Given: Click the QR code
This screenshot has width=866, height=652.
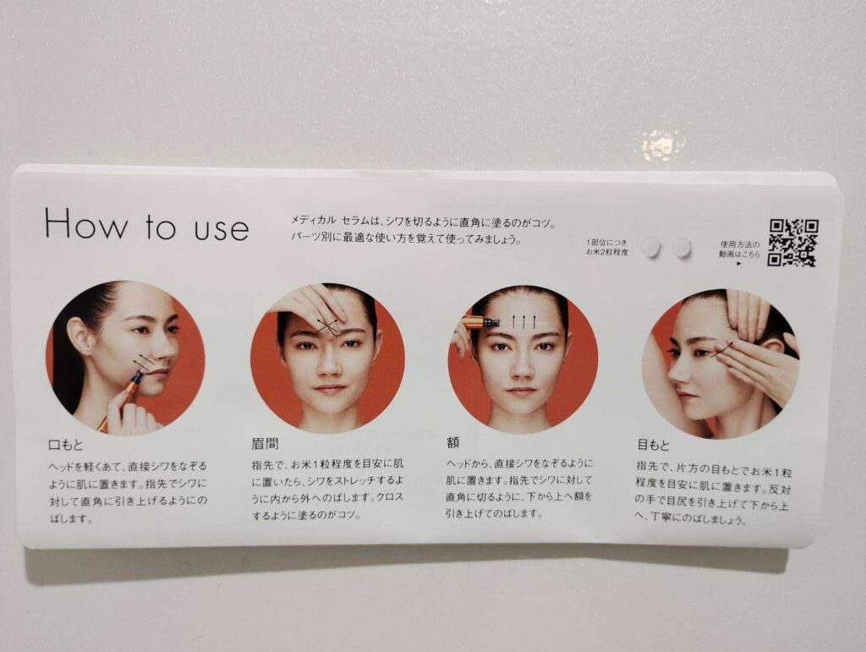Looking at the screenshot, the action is [792, 243].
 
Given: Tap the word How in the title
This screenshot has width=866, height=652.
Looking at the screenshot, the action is [86, 223].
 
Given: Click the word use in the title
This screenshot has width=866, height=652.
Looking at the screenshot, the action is [221, 228].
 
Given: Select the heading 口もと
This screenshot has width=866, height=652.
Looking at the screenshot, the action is [66, 445].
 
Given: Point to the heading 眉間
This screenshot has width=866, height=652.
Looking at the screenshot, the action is [265, 443].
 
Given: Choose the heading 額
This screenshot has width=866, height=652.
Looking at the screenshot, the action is [453, 442].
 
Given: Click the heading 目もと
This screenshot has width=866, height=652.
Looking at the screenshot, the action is [653, 445].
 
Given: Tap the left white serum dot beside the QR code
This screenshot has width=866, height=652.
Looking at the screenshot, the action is [652, 247].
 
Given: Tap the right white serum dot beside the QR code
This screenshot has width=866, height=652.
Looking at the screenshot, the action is [682, 247].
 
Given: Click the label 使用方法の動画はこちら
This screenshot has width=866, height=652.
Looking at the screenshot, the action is [739, 250].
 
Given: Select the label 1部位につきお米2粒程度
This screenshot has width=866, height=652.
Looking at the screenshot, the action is [607, 247].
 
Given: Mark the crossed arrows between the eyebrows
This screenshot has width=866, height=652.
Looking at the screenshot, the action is [328, 326].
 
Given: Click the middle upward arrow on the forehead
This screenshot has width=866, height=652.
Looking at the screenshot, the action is [523, 321].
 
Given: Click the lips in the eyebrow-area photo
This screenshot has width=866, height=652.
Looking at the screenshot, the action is [329, 389].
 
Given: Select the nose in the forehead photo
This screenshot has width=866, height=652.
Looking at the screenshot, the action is [521, 367].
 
